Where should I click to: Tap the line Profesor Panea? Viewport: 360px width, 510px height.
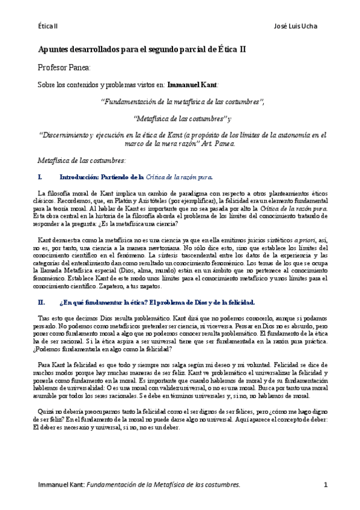(x=64, y=68)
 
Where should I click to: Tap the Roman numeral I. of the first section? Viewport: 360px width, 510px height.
(x=40, y=177)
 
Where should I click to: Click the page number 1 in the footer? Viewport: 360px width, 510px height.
(x=325, y=485)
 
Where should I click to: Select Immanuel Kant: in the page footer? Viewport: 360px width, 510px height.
(x=59, y=485)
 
